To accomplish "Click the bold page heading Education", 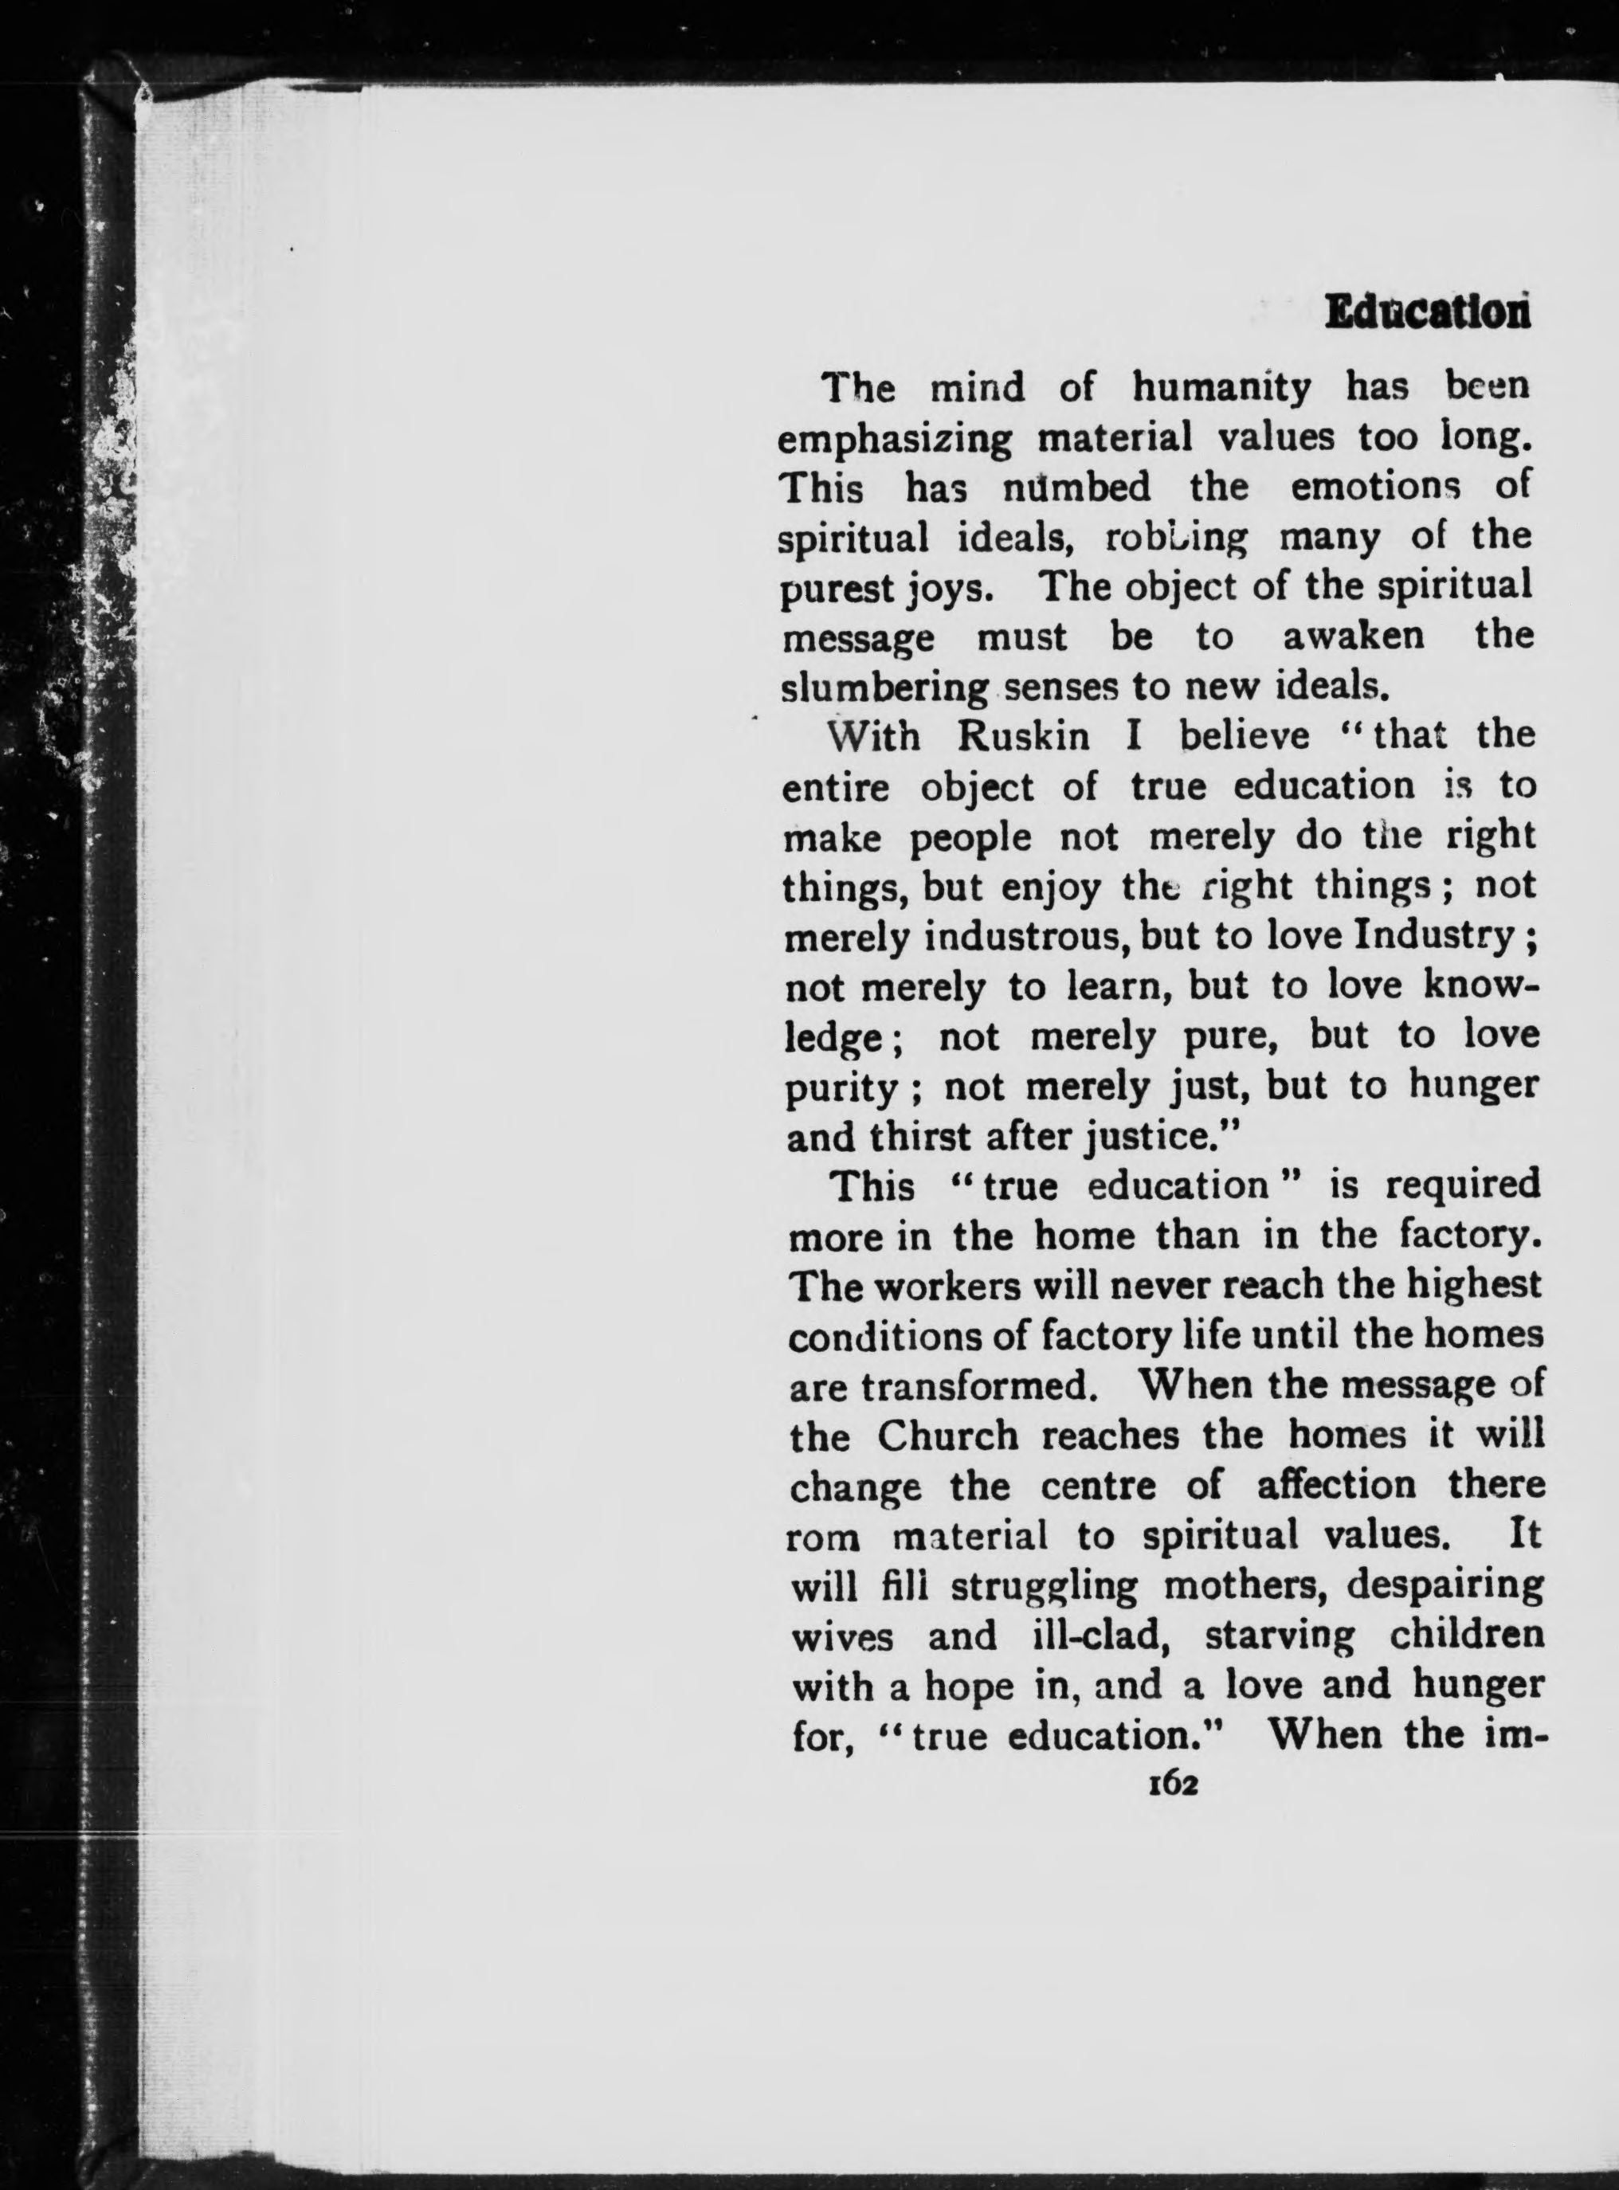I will pyautogui.click(x=1427, y=314).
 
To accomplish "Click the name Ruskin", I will pyautogui.click(x=1022, y=737).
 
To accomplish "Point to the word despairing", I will pyautogui.click(x=1445, y=1586).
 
